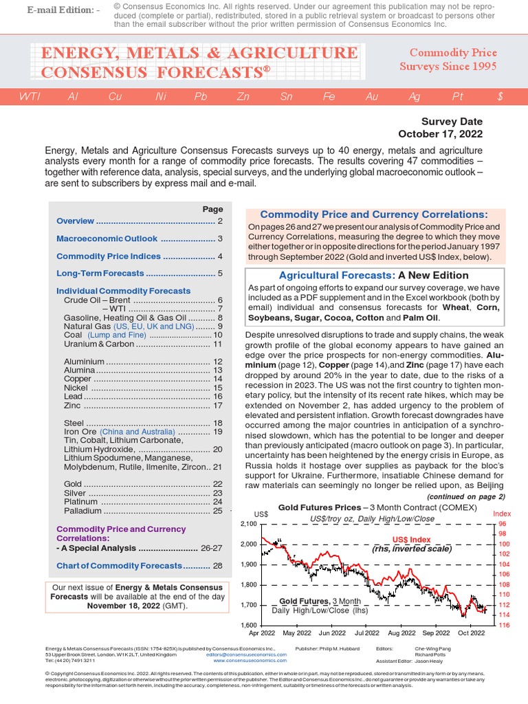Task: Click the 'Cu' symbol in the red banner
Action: tap(115, 97)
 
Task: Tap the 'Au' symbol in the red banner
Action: tap(372, 97)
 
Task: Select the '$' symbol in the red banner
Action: tap(500, 97)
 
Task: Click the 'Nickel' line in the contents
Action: tap(76, 388)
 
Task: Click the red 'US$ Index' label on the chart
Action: tap(411, 540)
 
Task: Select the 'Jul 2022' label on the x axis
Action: tap(366, 632)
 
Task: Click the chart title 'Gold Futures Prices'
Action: tap(319, 507)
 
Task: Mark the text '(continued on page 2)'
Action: tap(465, 496)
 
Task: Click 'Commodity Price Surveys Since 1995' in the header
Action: tap(448, 60)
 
